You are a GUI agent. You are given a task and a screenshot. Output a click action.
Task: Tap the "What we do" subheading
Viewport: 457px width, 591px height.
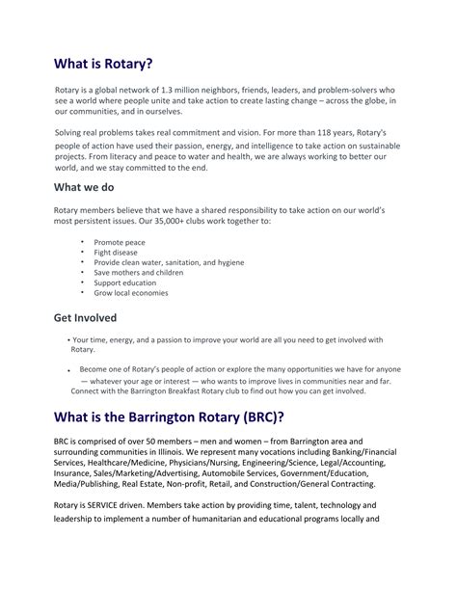coord(89,186)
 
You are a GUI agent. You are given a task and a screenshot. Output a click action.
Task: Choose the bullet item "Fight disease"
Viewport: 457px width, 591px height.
coord(116,252)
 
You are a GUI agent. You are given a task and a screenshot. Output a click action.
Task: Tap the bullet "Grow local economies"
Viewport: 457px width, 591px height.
coord(131,294)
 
